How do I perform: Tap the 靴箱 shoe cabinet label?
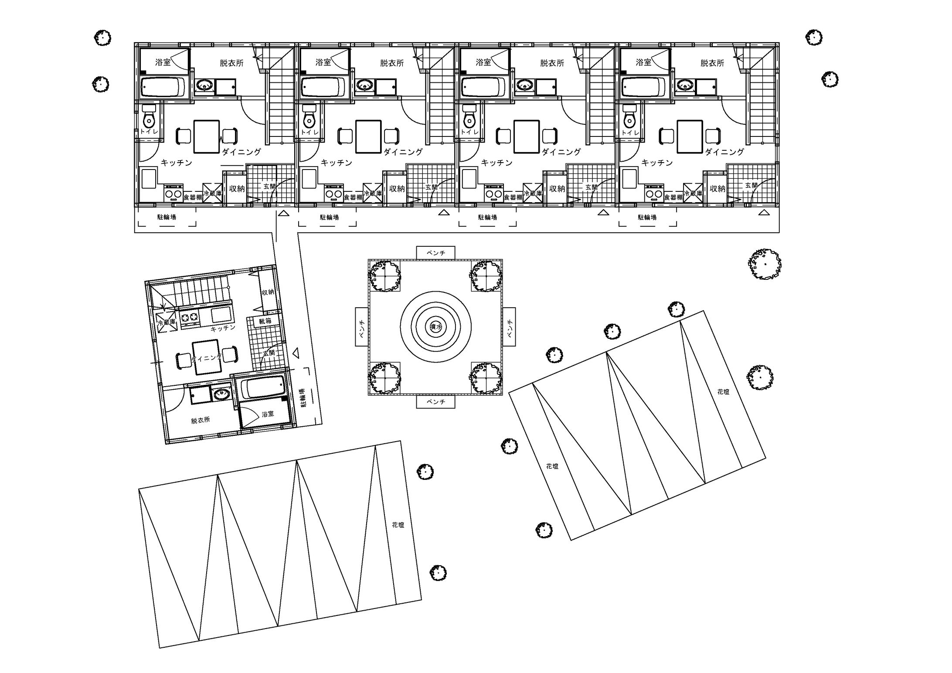tap(265, 321)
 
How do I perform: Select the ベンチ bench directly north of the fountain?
tap(435, 253)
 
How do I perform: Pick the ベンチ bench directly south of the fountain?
tap(435, 402)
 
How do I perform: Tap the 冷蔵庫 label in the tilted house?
tap(166, 323)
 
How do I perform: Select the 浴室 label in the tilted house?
tap(268, 413)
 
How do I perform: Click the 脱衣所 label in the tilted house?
tap(200, 420)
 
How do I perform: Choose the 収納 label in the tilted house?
tap(268, 292)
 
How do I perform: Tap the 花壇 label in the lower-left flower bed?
tap(398, 525)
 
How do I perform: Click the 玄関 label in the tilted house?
tap(269, 353)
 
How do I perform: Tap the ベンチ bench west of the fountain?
tap(362, 326)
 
